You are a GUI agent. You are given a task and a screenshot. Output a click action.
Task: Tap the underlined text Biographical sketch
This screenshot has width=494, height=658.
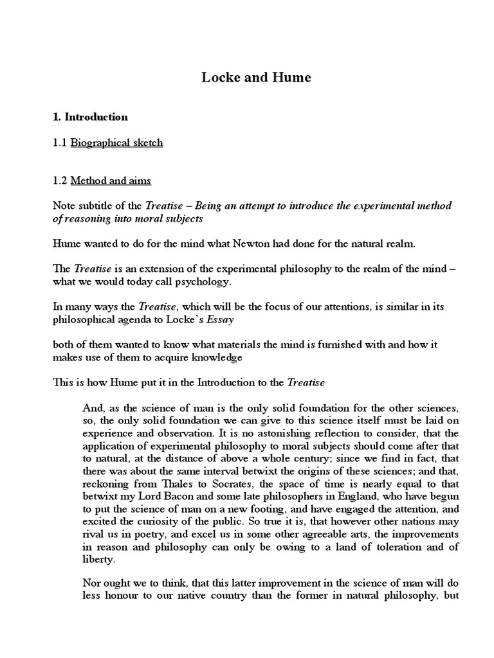tap(116, 143)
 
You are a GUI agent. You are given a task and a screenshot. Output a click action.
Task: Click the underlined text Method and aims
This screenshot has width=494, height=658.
tap(111, 181)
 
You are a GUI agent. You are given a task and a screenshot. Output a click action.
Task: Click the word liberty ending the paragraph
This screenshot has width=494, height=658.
tap(100, 558)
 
